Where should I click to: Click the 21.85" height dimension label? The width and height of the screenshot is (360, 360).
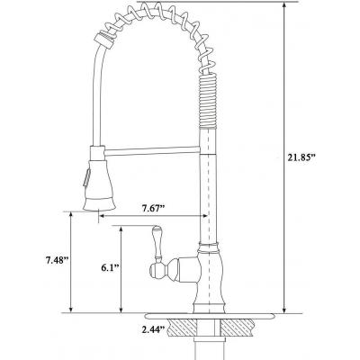coord(301,158)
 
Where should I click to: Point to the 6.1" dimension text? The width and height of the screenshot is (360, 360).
coord(109,268)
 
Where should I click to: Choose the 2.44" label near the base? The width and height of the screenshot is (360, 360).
coord(154,329)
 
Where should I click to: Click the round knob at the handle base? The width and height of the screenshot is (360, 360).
coord(155,270)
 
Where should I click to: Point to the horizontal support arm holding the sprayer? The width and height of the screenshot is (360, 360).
coord(152,150)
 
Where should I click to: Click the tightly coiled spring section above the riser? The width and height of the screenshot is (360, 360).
coord(207,101)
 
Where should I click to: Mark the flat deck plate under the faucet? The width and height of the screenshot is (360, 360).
coord(211,316)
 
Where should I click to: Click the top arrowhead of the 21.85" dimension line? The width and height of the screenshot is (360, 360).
coord(283,5)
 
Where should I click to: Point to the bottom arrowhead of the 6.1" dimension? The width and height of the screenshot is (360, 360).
coord(121,310)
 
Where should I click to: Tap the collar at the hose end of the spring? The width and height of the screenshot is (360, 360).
coord(104,40)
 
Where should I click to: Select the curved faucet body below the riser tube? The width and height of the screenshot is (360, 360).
coord(208,277)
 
